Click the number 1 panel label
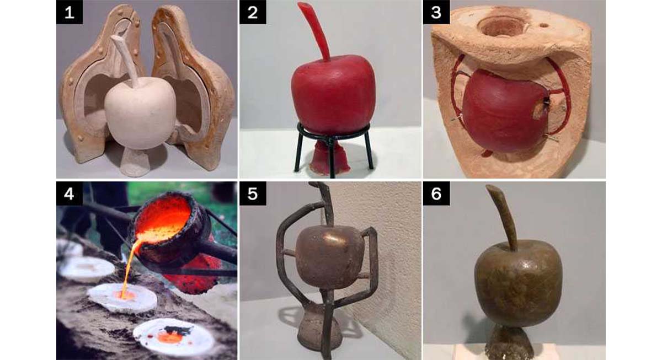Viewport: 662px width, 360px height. (x=70, y=12)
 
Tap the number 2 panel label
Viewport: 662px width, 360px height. (x=253, y=12)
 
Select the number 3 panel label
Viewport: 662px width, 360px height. (x=436, y=12)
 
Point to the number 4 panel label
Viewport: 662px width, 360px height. (x=70, y=194)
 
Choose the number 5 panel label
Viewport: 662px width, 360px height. (x=253, y=194)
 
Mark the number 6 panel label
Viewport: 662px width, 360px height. (x=436, y=194)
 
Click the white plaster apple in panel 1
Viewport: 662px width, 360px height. (x=140, y=115)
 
